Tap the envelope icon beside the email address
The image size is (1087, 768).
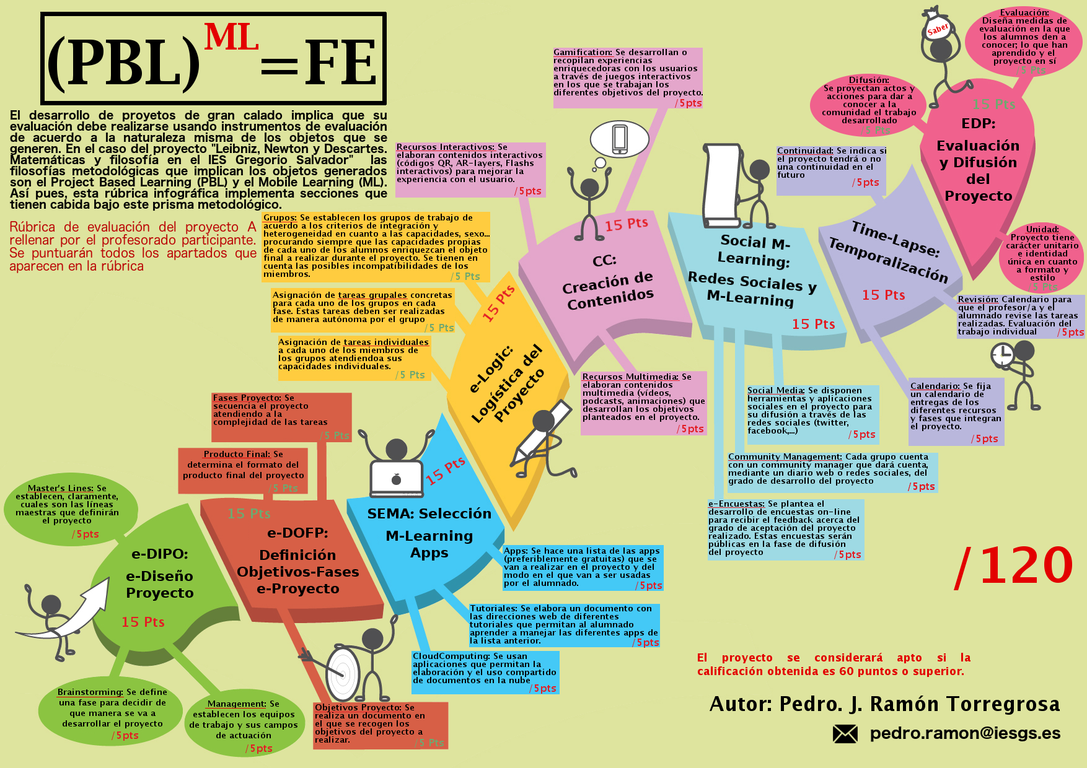845,734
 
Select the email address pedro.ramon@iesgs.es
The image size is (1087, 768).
965,733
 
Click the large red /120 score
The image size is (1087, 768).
1014,566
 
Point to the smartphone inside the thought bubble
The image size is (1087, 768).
619,138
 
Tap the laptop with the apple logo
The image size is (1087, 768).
397,479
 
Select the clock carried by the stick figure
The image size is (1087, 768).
1001,356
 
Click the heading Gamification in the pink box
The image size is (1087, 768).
583,53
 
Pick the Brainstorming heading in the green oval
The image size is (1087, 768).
90,692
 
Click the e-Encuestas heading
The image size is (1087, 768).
736,504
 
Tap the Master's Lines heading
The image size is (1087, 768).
60,488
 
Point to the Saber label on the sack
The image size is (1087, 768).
938,28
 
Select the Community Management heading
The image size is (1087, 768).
785,456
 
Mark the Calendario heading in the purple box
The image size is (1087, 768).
935,386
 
